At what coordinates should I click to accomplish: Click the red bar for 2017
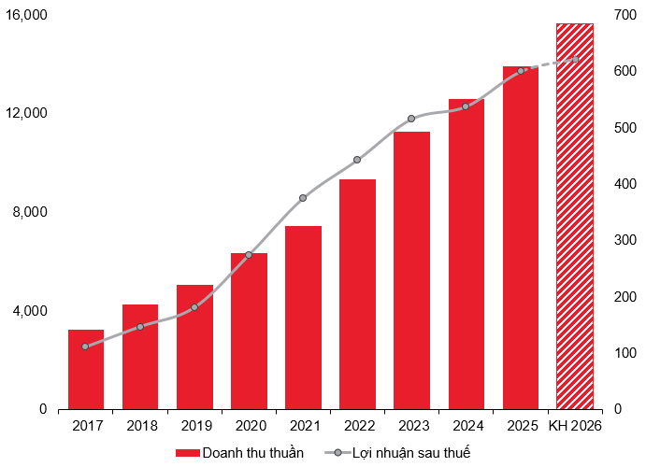point(86,369)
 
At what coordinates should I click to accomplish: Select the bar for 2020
point(249,331)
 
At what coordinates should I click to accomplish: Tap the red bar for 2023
point(411,270)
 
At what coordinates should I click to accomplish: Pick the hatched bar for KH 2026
point(574,216)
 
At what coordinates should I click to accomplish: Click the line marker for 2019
point(194,307)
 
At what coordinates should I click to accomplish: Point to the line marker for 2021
point(303,198)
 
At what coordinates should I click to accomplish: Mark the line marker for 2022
point(357,160)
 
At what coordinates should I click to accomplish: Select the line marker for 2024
point(466,106)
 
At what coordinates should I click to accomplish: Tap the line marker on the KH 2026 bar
point(575,59)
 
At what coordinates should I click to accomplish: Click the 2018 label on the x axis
point(140,426)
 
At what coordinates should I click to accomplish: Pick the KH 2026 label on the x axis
point(574,426)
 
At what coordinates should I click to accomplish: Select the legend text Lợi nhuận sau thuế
point(410,453)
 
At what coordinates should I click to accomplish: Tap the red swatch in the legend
point(187,453)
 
